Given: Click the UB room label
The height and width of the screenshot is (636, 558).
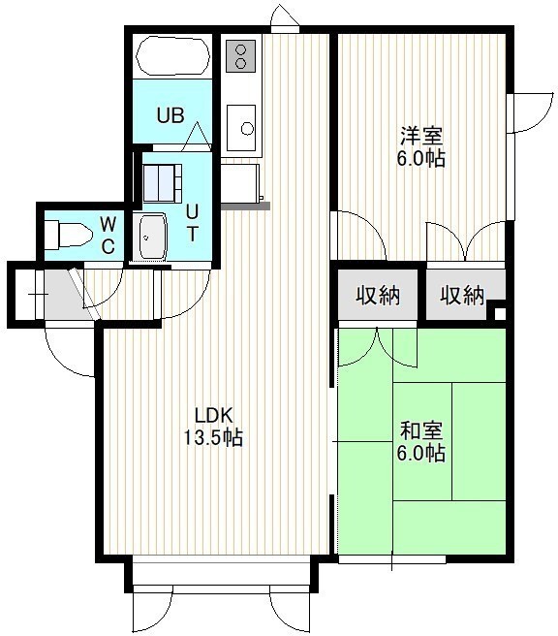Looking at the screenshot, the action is pyautogui.click(x=170, y=115).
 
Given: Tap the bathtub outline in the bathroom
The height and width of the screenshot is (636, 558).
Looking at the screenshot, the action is pyautogui.click(x=173, y=56).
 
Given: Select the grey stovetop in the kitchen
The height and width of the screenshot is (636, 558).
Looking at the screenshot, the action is pyautogui.click(x=240, y=56).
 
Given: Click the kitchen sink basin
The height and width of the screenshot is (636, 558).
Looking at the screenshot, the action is pyautogui.click(x=241, y=128).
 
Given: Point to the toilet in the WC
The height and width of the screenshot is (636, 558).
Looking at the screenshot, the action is pyautogui.click(x=68, y=235).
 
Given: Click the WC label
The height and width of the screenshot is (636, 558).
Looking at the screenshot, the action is pyautogui.click(x=108, y=235).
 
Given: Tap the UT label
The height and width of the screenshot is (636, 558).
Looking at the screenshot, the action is pyautogui.click(x=193, y=223).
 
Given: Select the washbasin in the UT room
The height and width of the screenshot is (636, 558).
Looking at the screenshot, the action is pyautogui.click(x=153, y=238).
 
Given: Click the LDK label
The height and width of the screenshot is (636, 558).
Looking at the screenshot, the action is pyautogui.click(x=213, y=416).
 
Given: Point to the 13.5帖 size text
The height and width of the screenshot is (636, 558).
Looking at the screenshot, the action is pyautogui.click(x=213, y=437).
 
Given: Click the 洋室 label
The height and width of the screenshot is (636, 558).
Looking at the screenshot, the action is pyautogui.click(x=421, y=137).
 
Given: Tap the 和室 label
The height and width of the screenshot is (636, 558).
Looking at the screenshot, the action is pyautogui.click(x=421, y=430).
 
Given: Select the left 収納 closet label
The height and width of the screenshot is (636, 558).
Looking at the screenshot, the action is pyautogui.click(x=378, y=295).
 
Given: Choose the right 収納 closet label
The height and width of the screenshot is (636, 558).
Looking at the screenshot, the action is pyautogui.click(x=462, y=296).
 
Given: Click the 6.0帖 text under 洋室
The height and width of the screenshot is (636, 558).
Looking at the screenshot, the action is pyautogui.click(x=421, y=159).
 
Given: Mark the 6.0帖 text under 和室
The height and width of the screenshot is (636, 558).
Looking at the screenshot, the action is pyautogui.click(x=421, y=453).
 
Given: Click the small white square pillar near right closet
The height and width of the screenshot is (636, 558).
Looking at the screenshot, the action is pyautogui.click(x=500, y=313).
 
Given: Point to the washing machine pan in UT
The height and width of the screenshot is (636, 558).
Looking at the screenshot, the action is pyautogui.click(x=163, y=183).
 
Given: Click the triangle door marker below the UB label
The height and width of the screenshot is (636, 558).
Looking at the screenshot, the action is pyautogui.click(x=196, y=136).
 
